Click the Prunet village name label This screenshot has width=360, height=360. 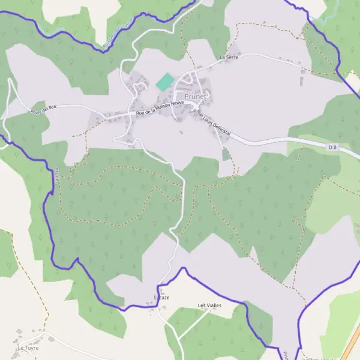point(196,97)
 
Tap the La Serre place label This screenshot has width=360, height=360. point(229,57)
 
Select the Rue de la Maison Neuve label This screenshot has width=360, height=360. point(159,108)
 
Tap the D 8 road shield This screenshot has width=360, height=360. point(333,146)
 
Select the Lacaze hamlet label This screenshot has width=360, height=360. point(162,298)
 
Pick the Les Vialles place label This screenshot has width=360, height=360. point(209,305)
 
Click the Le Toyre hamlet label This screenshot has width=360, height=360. point(28,347)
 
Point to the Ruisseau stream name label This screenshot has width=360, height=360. point(118,33)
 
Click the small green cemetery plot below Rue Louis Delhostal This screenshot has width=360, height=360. point(226,154)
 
